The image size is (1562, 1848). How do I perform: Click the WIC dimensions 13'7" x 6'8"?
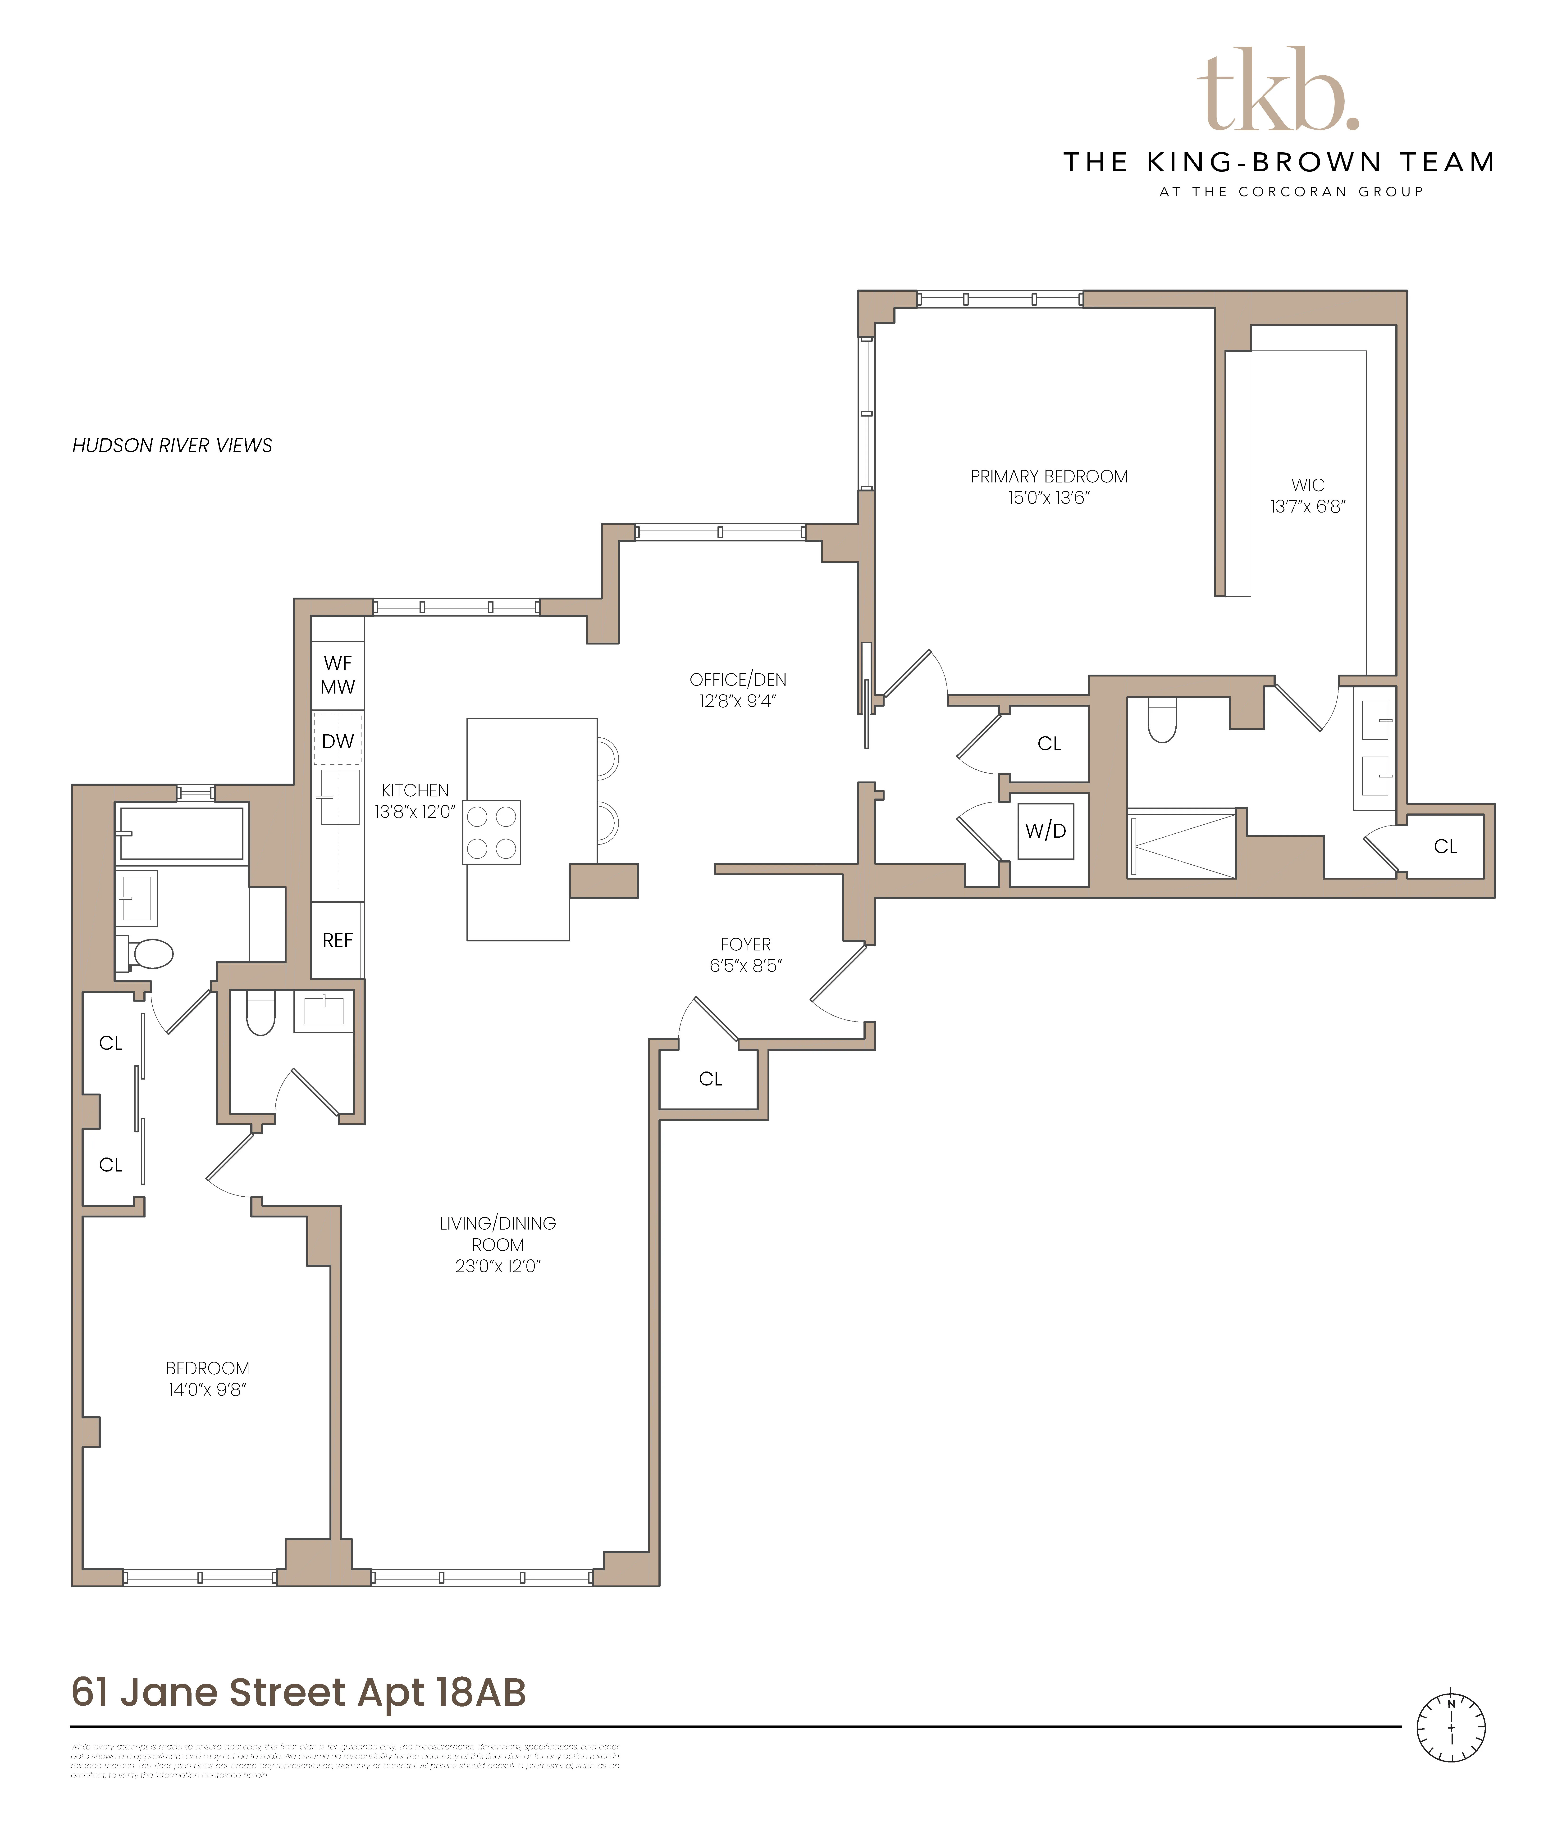click(x=1307, y=507)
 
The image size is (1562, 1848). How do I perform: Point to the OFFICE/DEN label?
click(x=738, y=680)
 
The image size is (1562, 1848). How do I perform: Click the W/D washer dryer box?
click(x=1046, y=831)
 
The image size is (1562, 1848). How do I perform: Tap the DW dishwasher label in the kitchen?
click(x=337, y=742)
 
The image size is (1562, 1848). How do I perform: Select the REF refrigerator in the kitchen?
click(x=337, y=940)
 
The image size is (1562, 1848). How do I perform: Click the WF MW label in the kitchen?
click(x=337, y=674)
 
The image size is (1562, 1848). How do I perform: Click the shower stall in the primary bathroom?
click(x=1181, y=844)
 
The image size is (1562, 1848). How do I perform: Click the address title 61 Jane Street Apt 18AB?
click(x=298, y=1692)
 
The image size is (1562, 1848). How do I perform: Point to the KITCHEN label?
click(x=414, y=790)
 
